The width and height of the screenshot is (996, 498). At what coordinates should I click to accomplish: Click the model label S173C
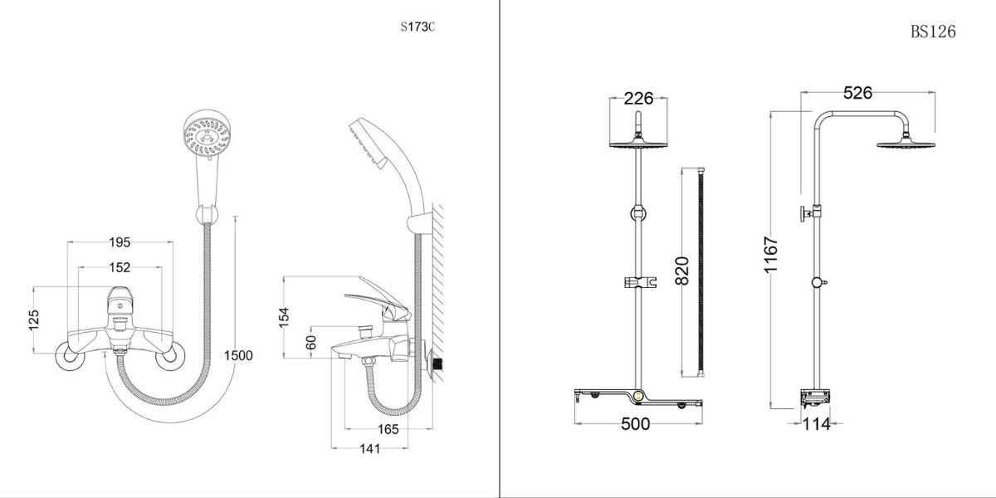click(417, 27)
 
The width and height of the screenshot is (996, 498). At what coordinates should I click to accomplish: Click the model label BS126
click(933, 32)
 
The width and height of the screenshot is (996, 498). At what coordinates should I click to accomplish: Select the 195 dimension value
click(120, 242)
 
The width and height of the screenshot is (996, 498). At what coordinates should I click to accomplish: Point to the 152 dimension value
click(120, 267)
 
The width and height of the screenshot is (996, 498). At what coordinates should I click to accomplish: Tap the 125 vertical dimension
click(34, 320)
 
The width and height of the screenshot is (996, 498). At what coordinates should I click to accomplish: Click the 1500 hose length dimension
click(238, 356)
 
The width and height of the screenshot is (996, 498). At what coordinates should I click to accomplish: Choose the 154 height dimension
click(284, 317)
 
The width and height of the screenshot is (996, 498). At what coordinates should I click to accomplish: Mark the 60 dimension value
click(311, 342)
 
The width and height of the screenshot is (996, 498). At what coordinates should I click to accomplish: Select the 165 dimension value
click(388, 430)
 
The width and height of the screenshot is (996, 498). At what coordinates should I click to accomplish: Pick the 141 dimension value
click(370, 449)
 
